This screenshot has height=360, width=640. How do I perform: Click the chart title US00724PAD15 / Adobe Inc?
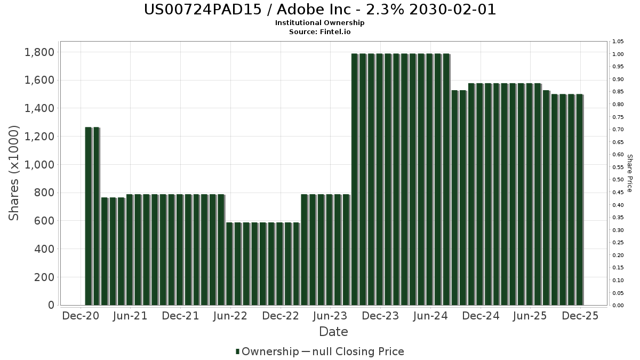pyautogui.click(x=320, y=10)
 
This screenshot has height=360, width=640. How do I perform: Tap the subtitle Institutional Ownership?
pyautogui.click(x=320, y=23)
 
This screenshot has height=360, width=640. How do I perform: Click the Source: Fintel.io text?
pyautogui.click(x=320, y=31)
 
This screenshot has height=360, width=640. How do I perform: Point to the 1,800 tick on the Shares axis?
pyautogui.click(x=39, y=52)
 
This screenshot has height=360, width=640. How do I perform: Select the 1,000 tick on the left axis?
pyautogui.click(x=39, y=165)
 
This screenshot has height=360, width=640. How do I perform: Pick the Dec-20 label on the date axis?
pyautogui.click(x=81, y=316)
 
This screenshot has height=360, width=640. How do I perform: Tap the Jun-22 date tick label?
pyautogui.click(x=230, y=316)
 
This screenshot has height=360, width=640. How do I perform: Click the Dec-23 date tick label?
pyautogui.click(x=380, y=316)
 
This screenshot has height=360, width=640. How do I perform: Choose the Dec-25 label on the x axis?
pyautogui.click(x=580, y=316)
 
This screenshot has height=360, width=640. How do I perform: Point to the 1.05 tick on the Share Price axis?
pyautogui.click(x=618, y=42)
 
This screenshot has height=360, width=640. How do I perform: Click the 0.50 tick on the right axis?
pyautogui.click(x=618, y=180)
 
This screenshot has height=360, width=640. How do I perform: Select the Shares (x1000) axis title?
pyautogui.click(x=14, y=173)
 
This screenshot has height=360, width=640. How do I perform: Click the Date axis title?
pyautogui.click(x=333, y=332)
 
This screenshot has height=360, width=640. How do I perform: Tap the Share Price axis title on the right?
pyautogui.click(x=629, y=173)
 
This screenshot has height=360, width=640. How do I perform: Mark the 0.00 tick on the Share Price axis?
pyautogui.click(x=618, y=306)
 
